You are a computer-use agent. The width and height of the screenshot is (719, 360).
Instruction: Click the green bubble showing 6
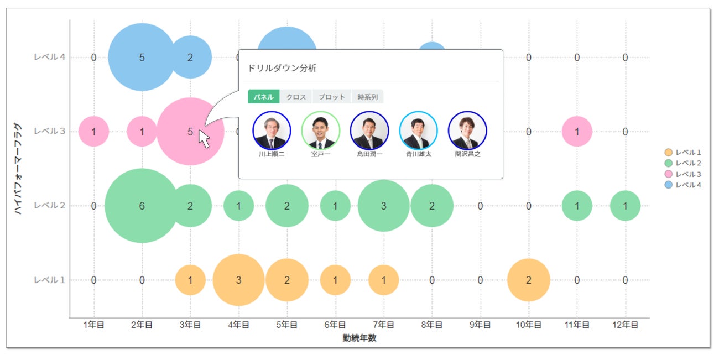(x=142, y=206)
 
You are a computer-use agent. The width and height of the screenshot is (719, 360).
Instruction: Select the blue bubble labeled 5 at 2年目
(x=142, y=57)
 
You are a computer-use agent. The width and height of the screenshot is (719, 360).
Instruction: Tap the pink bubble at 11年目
(x=577, y=132)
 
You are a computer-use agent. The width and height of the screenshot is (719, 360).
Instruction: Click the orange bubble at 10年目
(x=528, y=280)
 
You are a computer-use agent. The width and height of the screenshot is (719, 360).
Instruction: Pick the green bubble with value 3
(x=383, y=206)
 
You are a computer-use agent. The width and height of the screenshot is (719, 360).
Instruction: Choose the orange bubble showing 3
(x=238, y=280)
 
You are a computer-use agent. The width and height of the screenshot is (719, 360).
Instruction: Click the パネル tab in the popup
(x=263, y=97)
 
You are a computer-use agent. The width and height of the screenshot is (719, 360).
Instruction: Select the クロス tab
(x=296, y=97)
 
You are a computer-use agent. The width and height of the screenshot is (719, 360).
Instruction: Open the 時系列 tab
(x=367, y=97)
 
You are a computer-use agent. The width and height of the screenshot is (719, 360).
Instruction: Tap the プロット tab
(x=332, y=97)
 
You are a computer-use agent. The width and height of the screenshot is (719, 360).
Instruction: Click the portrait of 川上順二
(x=272, y=131)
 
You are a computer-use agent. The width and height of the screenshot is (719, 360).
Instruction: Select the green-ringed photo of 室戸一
(x=320, y=131)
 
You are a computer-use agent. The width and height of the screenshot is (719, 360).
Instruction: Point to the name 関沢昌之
(x=467, y=154)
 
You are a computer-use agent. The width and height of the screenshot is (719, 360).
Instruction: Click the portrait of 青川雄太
(x=418, y=131)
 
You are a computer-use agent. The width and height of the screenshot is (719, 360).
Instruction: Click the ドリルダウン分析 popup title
(x=283, y=69)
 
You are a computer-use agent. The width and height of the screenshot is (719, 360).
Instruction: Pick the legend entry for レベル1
(x=684, y=152)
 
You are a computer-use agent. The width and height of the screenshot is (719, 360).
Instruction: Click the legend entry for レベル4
(x=684, y=185)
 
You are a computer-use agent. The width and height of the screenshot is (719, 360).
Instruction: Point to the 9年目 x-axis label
(x=480, y=325)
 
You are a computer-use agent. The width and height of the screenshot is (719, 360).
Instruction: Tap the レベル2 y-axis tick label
(x=50, y=206)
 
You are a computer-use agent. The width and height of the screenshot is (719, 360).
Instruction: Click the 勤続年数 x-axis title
(x=359, y=338)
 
